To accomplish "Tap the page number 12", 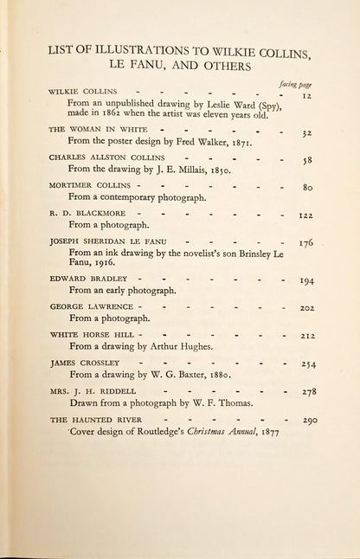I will click(305, 97).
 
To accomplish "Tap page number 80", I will click(306, 188).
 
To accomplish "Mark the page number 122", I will click(305, 215).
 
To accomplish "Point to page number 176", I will click(306, 243).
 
